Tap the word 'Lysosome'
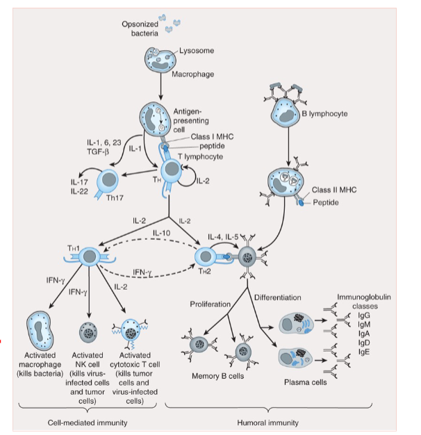coord(196,51)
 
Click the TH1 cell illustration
coord(90,257)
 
